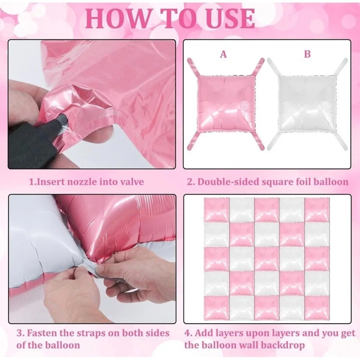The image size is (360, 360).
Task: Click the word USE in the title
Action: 230,19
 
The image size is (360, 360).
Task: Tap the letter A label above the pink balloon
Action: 224,54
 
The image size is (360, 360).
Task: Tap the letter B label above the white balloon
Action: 307,54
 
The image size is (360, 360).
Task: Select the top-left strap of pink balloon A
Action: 193,67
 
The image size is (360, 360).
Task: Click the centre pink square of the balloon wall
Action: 267,259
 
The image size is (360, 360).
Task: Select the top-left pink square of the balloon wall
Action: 217,210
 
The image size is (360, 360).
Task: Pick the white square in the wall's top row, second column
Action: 242,210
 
